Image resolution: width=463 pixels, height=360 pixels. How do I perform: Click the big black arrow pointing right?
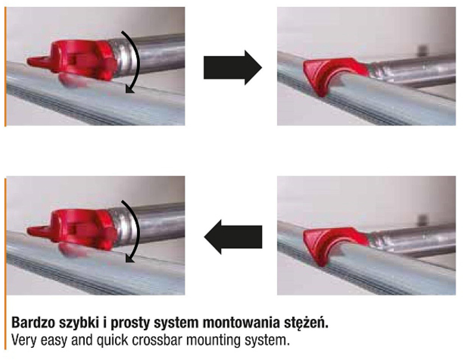point(233,68)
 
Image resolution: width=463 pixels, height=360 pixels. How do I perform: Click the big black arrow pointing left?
point(233,237)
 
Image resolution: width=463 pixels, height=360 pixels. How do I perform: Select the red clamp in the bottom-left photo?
point(73,230)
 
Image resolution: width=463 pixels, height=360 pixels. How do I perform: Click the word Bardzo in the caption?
point(33,323)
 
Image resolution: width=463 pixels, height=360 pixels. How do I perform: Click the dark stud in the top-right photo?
point(422,49)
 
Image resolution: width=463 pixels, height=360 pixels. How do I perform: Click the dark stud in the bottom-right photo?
point(422,219)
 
